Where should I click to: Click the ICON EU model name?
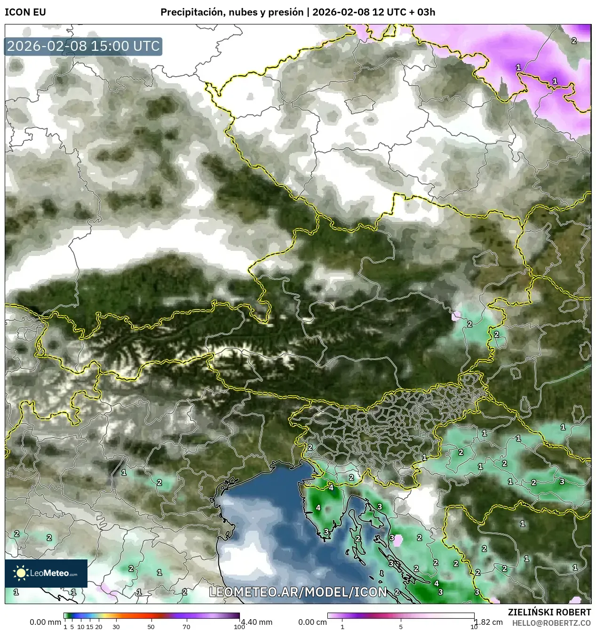pyautogui.click(x=25, y=12)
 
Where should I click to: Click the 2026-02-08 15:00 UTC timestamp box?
pyautogui.click(x=83, y=46)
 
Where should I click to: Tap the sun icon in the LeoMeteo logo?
pyautogui.click(x=21, y=573)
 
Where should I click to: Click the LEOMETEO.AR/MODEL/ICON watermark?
pyautogui.click(x=298, y=592)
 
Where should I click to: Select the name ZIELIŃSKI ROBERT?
pyautogui.click(x=549, y=612)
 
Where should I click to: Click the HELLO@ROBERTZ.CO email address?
pyautogui.click(x=551, y=622)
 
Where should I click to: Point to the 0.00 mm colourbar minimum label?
pyautogui.click(x=45, y=622)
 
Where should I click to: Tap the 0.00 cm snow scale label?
pyautogui.click(x=312, y=622)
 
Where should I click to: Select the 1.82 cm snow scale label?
pyautogui.click(x=490, y=622)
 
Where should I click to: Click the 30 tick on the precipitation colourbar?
pyautogui.click(x=116, y=627)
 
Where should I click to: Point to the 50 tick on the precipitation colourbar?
pyautogui.click(x=151, y=627)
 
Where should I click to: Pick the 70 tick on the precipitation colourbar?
pyautogui.click(x=186, y=627)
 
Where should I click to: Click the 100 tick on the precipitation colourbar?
pyautogui.click(x=239, y=627)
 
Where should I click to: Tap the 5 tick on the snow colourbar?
pyautogui.click(x=401, y=627)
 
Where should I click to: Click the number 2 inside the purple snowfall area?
pyautogui.click(x=574, y=41)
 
